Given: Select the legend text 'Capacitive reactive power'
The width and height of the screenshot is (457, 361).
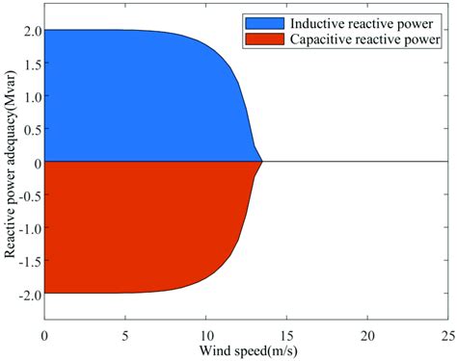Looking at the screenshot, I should click(369, 40).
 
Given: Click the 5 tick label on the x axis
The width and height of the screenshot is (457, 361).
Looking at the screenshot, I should click(125, 333).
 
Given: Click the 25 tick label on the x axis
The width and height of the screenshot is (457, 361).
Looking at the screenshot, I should click(446, 333).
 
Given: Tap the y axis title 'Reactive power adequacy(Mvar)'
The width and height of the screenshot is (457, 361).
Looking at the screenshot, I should click(9, 162).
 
